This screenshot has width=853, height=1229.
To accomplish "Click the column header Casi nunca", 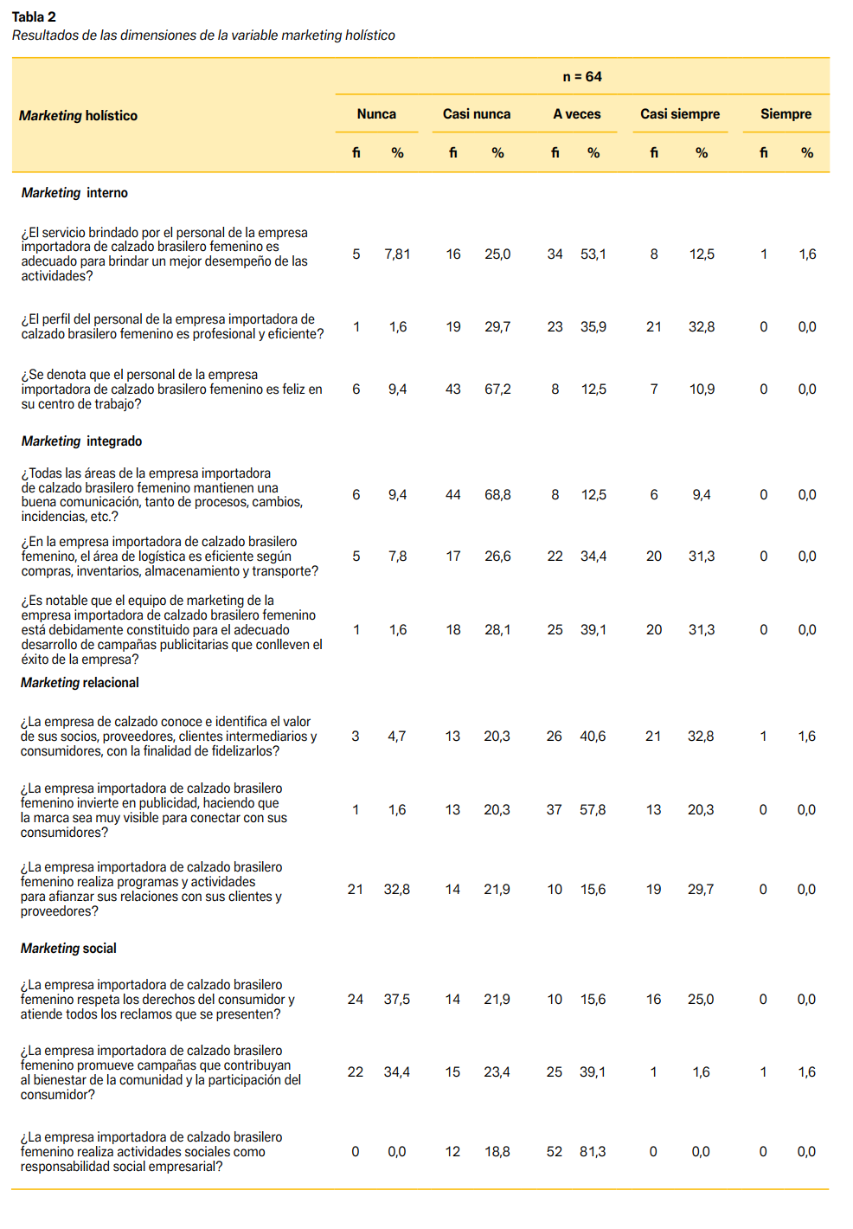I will tap(476, 114).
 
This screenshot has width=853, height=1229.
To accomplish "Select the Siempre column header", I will tap(786, 114).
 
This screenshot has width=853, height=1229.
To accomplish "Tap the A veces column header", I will tap(576, 114).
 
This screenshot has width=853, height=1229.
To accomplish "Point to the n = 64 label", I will tap(582, 77).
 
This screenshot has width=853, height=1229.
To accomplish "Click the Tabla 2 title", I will tap(34, 16).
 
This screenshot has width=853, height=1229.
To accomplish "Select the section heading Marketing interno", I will tap(74, 193).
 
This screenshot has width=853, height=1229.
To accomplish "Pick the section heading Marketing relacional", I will tap(80, 683).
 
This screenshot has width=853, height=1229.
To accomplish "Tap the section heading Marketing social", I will tap(68, 949).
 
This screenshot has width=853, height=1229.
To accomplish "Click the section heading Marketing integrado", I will tap(81, 441).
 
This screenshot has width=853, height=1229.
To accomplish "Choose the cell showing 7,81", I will tap(397, 254).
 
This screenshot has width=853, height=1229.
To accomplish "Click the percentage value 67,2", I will tap(497, 389).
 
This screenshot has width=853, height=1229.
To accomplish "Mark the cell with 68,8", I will tap(497, 495).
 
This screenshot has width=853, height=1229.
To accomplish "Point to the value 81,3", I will tap(593, 1152).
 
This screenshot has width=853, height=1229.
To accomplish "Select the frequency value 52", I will tap(555, 1152).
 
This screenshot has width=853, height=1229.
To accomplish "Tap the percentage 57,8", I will tap(593, 810).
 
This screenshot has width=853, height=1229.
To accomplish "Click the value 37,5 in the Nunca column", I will tap(397, 1000).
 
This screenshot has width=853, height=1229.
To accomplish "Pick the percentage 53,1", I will tap(593, 254).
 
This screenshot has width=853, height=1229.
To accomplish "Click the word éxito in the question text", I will tap(37, 660).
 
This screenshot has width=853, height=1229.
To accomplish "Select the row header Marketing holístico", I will tap(78, 116).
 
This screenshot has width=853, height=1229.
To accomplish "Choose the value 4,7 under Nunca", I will tap(396, 737).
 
